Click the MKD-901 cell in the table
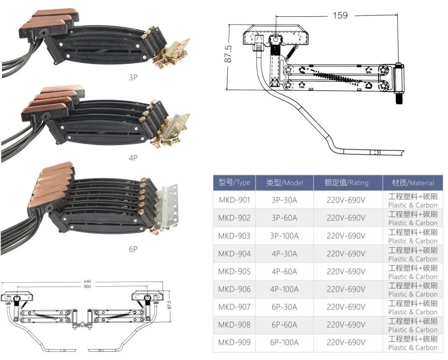(234, 200)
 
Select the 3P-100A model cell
(284, 236)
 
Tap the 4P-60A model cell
(284, 271)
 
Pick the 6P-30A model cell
(284, 307)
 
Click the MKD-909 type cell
(234, 342)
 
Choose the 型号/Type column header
(234, 182)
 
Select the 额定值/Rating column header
(346, 182)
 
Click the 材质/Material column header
(413, 182)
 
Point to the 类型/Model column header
(284, 182)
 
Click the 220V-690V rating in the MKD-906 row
(346, 289)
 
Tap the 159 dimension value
(340, 15)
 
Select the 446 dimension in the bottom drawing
(87, 281)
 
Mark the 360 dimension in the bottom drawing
(87, 286)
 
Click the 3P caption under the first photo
(133, 78)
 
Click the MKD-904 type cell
(234, 254)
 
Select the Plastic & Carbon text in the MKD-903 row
(413, 241)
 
